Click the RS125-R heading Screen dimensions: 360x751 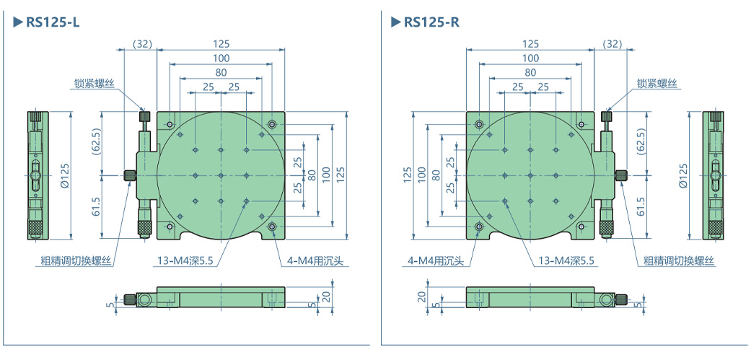point(431,22)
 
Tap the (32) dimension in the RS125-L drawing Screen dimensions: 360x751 point(143,44)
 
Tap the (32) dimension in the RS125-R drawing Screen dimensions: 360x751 point(612,44)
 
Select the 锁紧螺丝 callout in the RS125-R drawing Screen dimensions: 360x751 point(656,84)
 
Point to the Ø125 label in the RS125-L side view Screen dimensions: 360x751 point(64,175)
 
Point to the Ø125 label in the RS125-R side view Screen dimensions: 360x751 point(683,175)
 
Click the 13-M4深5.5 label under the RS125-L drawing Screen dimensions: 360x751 point(185,260)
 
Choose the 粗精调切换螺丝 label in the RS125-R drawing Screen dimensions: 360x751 point(678,260)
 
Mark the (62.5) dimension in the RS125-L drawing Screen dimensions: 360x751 point(96,144)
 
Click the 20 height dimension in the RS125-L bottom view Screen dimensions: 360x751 point(326,296)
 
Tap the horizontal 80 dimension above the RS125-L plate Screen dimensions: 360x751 point(221,72)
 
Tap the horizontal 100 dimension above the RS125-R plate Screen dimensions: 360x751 point(530,58)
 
